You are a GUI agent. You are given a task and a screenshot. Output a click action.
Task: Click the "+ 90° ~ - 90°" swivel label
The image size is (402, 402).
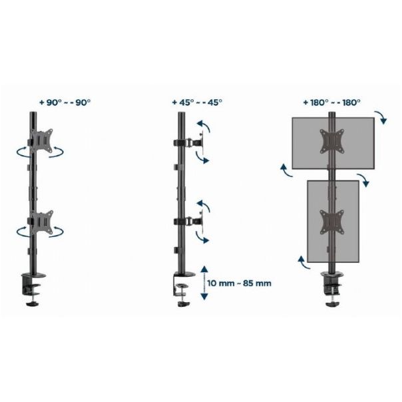pos(65,102)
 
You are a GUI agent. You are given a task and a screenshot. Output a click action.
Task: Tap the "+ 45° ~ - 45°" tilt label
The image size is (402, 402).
pos(197,102)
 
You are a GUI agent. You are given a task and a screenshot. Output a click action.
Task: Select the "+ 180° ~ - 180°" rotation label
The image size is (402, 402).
pos(332,102)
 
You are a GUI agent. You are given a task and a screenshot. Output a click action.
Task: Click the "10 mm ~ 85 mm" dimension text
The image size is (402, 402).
pos(239,284)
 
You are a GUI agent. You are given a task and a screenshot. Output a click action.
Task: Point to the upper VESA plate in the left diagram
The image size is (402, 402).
pos(41,141)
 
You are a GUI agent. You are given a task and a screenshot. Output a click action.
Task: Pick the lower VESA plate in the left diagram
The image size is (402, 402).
pos(41,222)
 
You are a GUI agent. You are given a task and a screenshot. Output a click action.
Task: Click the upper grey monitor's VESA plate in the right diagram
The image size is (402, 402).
pos(332,141)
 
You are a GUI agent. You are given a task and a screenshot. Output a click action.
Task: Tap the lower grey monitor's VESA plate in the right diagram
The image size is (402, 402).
pos(332,222)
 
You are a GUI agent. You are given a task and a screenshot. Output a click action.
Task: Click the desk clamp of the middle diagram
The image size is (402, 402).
pos(183,290)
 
